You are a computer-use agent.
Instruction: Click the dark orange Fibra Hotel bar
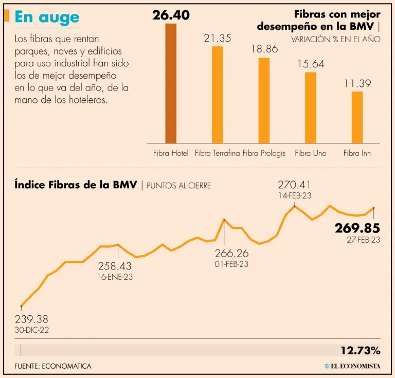pyautogui.click(x=171, y=83)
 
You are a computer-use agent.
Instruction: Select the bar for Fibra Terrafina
pyautogui.click(x=218, y=95)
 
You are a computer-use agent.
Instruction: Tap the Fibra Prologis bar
pyautogui.click(x=264, y=100)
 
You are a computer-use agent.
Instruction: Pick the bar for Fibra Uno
pyautogui.click(x=311, y=107)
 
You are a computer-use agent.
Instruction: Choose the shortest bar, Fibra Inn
pyautogui.click(x=357, y=117)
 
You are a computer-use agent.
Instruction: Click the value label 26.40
pyautogui.click(x=171, y=15)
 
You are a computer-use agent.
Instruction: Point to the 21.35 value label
pyautogui.click(x=218, y=38)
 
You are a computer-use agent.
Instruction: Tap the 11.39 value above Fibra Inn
pyautogui.click(x=357, y=83)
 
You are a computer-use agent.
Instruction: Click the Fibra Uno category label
pyautogui.click(x=311, y=153)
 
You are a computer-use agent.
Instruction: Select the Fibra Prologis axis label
pyautogui.click(x=264, y=153)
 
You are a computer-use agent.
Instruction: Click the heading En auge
pyautogui.click(x=47, y=17)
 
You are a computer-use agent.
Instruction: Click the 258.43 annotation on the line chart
pyautogui.click(x=115, y=266)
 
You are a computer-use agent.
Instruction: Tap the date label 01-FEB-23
pyautogui.click(x=231, y=264)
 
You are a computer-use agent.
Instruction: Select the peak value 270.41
pyautogui.click(x=295, y=185)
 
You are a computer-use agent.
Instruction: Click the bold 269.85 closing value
pyautogui.click(x=357, y=228)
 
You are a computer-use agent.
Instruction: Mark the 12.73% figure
pyautogui.click(x=360, y=351)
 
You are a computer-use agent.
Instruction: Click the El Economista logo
pyautogui.click(x=352, y=366)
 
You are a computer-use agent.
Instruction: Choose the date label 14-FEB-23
pyautogui.click(x=295, y=195)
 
